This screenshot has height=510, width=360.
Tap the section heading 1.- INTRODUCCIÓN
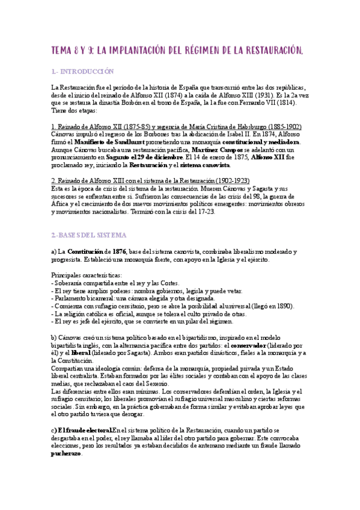click(x=82, y=72)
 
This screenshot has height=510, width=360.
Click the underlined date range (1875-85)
click(x=136, y=126)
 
